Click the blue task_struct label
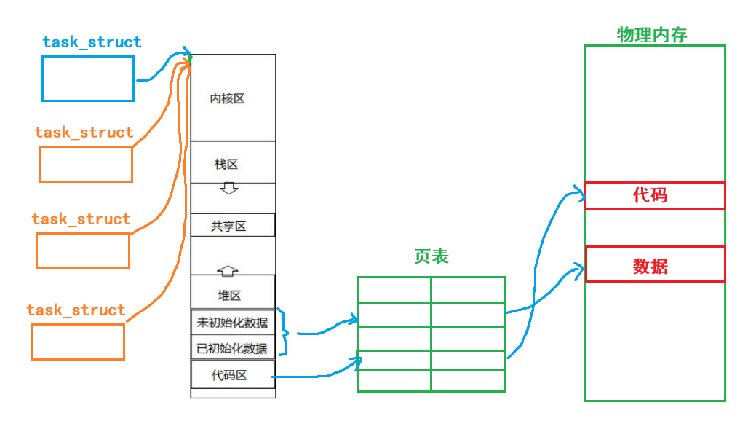[92, 42]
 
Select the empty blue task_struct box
[88, 79]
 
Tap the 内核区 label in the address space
[227, 98]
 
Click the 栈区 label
[226, 164]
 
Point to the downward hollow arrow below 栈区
[229, 189]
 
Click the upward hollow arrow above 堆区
[228, 270]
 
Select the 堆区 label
[229, 295]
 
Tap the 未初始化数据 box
[233, 321]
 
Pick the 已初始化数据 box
[233, 347]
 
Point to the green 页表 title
[431, 256]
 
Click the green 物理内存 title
[652, 35]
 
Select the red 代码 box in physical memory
[655, 195]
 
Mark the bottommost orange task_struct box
[78, 342]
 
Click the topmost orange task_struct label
[84, 133]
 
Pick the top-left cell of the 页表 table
[394, 289]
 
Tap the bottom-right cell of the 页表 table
[468, 380]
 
